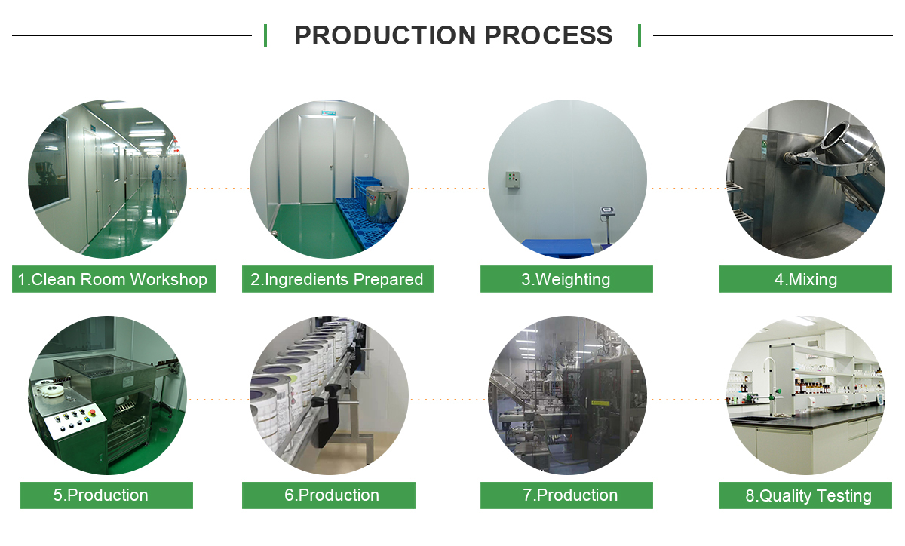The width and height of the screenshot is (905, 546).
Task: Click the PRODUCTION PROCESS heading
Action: pyautogui.click(x=452, y=35)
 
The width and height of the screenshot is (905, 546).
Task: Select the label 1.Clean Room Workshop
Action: pyautogui.click(x=114, y=279)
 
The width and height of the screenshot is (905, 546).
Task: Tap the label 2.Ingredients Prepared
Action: pyautogui.click(x=337, y=279)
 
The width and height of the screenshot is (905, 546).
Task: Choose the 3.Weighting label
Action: pyautogui.click(x=566, y=279)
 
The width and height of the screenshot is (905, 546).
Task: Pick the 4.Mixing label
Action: pyautogui.click(x=805, y=279)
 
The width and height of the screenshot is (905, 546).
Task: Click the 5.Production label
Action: pyautogui.click(x=106, y=495)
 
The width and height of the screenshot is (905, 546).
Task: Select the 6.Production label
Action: pyautogui.click(x=328, y=495)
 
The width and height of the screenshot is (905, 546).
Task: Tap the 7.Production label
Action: pyautogui.click(x=566, y=495)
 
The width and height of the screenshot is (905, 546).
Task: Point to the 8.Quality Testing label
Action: pyautogui.click(x=805, y=496)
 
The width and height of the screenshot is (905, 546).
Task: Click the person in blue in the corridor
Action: pyautogui.click(x=157, y=179)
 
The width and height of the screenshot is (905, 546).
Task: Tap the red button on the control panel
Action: pyautogui.click(x=94, y=413)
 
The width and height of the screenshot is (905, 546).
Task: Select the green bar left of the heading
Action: pyautogui.click(x=265, y=35)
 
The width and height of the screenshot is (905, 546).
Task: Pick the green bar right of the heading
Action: pyautogui.click(x=640, y=35)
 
